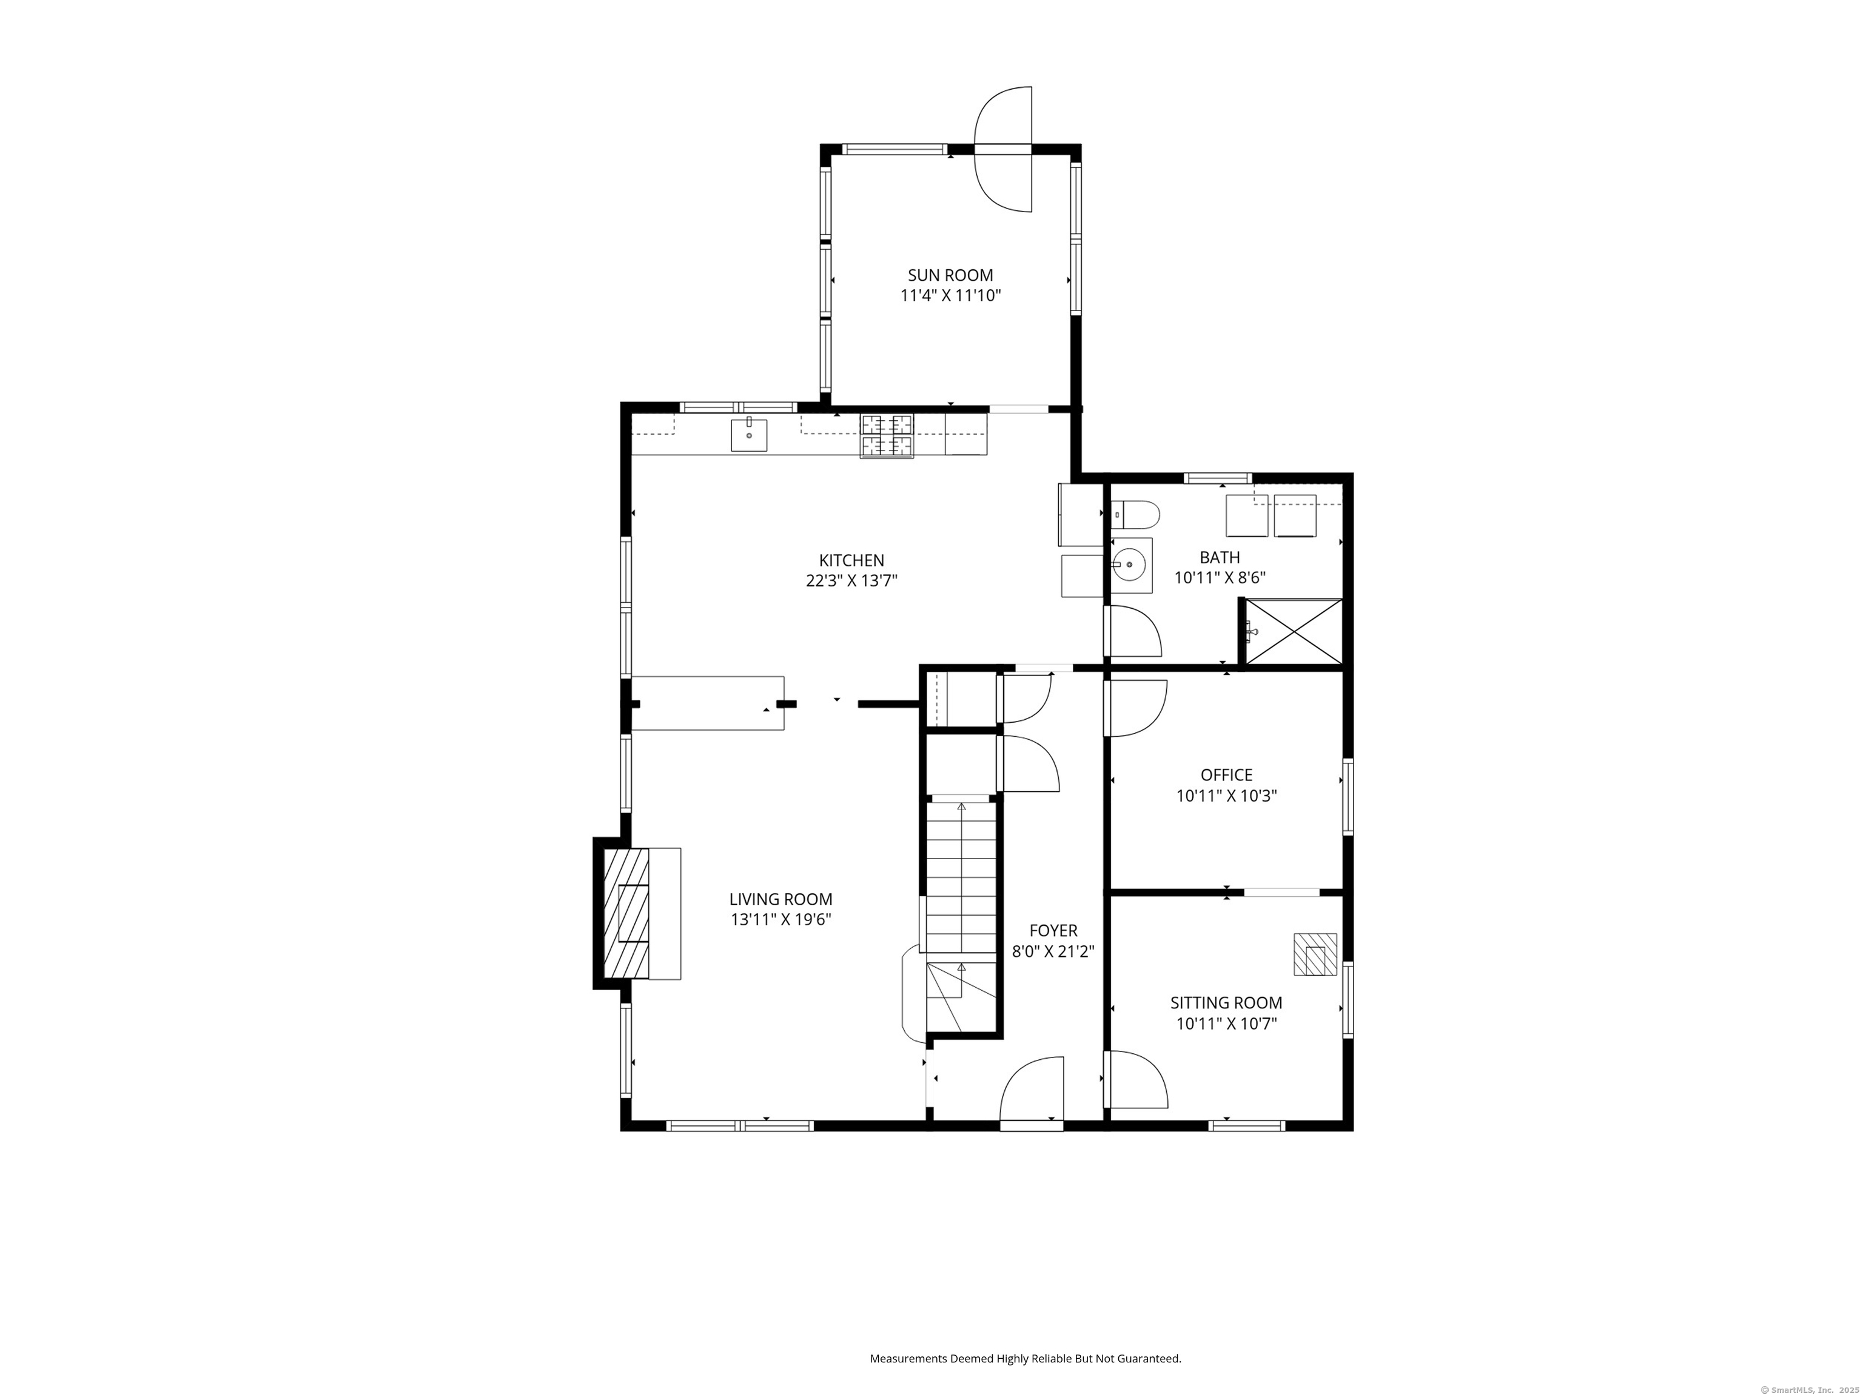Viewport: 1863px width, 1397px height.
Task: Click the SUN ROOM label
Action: (x=950, y=275)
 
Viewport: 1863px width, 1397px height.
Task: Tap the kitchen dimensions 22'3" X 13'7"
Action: (x=851, y=581)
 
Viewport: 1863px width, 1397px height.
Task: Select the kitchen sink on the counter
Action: (x=749, y=435)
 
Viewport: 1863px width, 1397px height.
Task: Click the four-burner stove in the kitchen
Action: (x=886, y=436)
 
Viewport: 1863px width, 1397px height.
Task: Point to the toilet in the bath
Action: (x=1135, y=513)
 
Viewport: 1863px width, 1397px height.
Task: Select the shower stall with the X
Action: (x=1293, y=632)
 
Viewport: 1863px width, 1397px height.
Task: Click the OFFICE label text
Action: (x=1226, y=776)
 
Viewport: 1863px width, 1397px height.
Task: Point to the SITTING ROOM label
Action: (x=1226, y=1003)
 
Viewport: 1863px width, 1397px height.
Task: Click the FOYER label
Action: (x=1053, y=931)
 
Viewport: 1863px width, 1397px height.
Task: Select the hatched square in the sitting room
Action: (x=1315, y=954)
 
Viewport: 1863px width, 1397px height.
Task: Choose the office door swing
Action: (x=1135, y=708)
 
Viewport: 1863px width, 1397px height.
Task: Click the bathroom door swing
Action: (x=1132, y=632)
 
